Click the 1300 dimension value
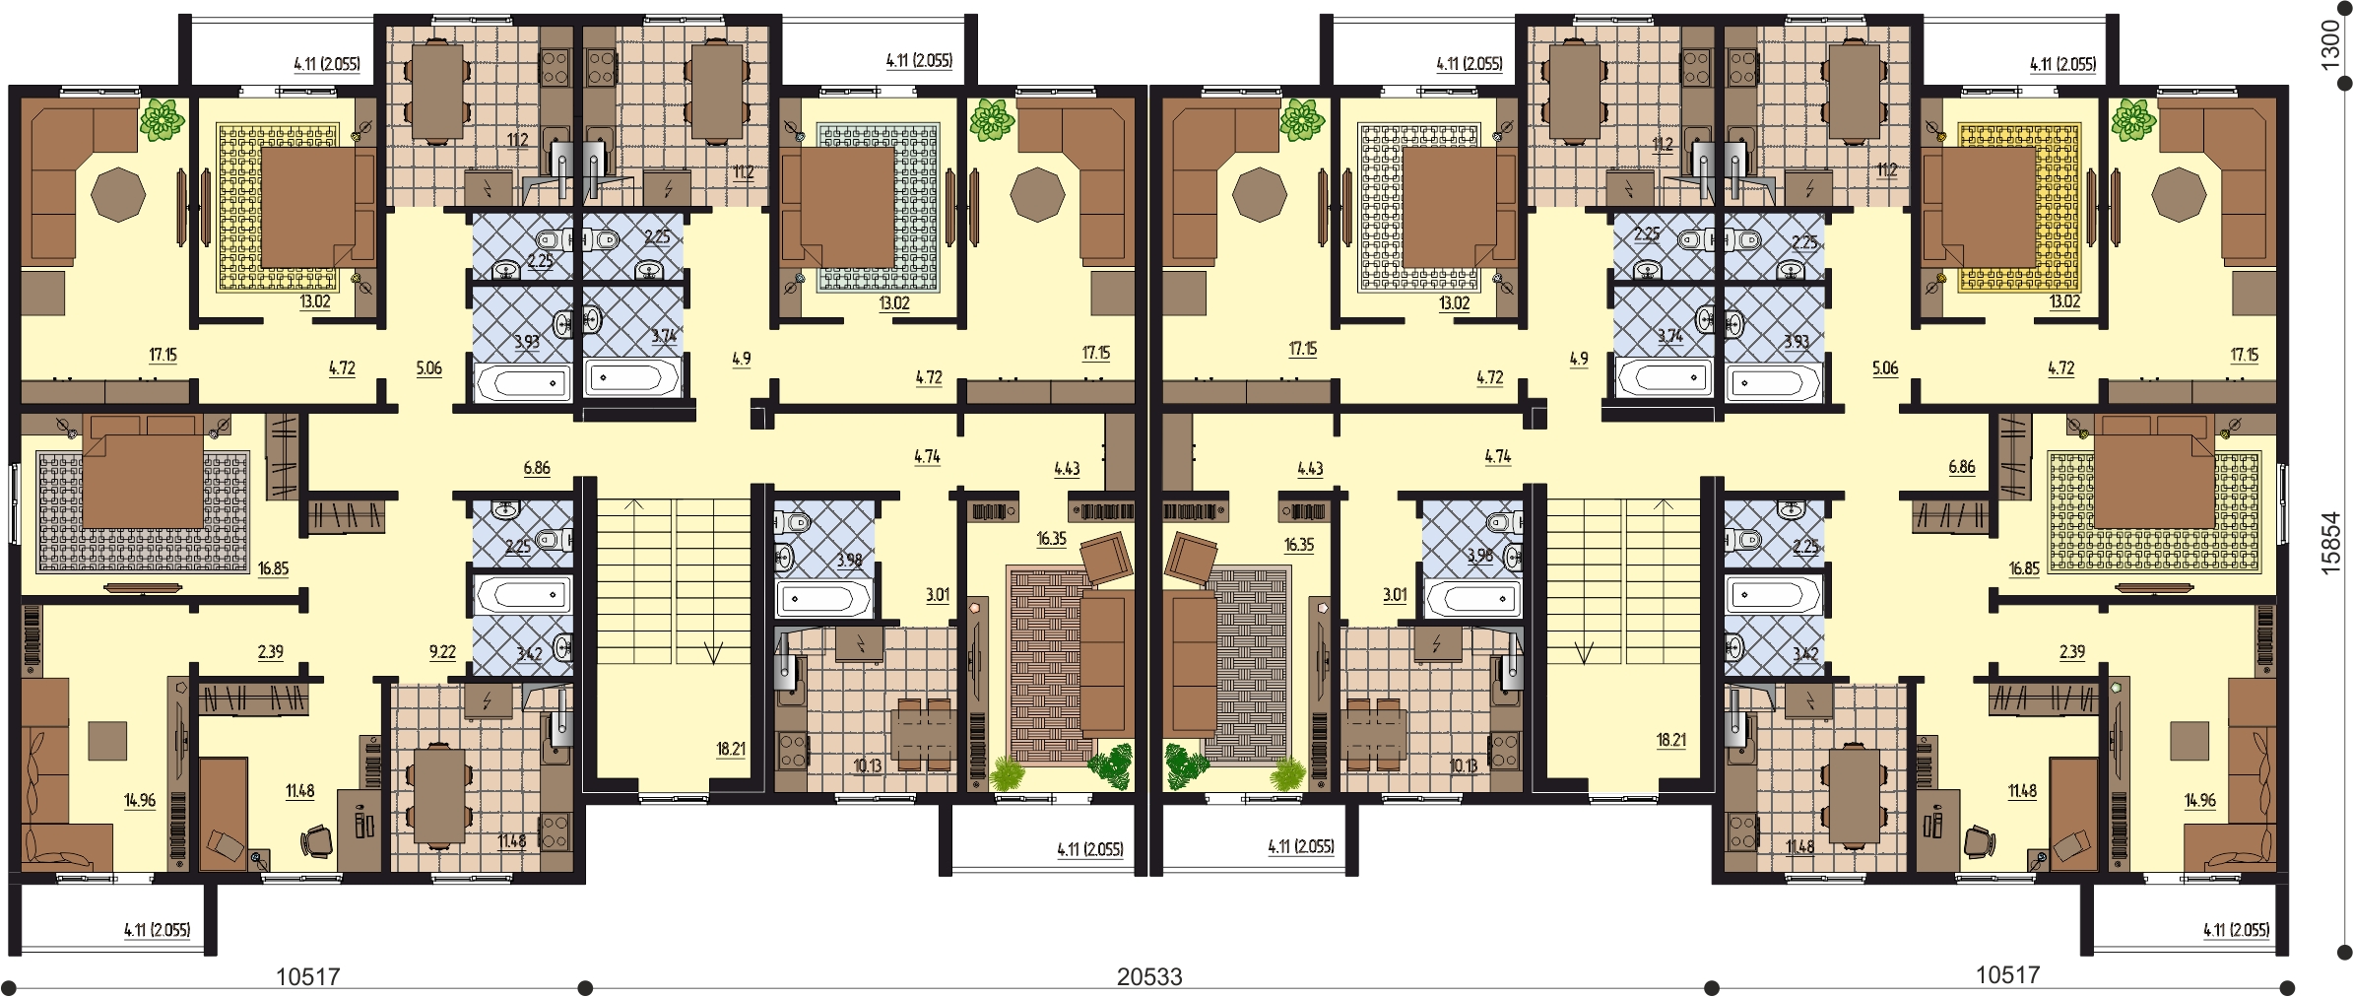2329,44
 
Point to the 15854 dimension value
2329,543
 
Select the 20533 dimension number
1149,976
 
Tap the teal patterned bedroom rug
878,207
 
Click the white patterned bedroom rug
1418,207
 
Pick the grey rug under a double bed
143,511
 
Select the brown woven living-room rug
1046,679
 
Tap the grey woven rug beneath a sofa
1249,664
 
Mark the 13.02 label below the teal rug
893,303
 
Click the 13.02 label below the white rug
1454,303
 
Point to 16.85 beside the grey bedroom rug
273,568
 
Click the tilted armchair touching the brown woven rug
1106,559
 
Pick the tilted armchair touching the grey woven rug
1191,559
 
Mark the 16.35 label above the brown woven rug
1051,539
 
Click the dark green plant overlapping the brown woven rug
1111,766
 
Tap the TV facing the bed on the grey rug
143,588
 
